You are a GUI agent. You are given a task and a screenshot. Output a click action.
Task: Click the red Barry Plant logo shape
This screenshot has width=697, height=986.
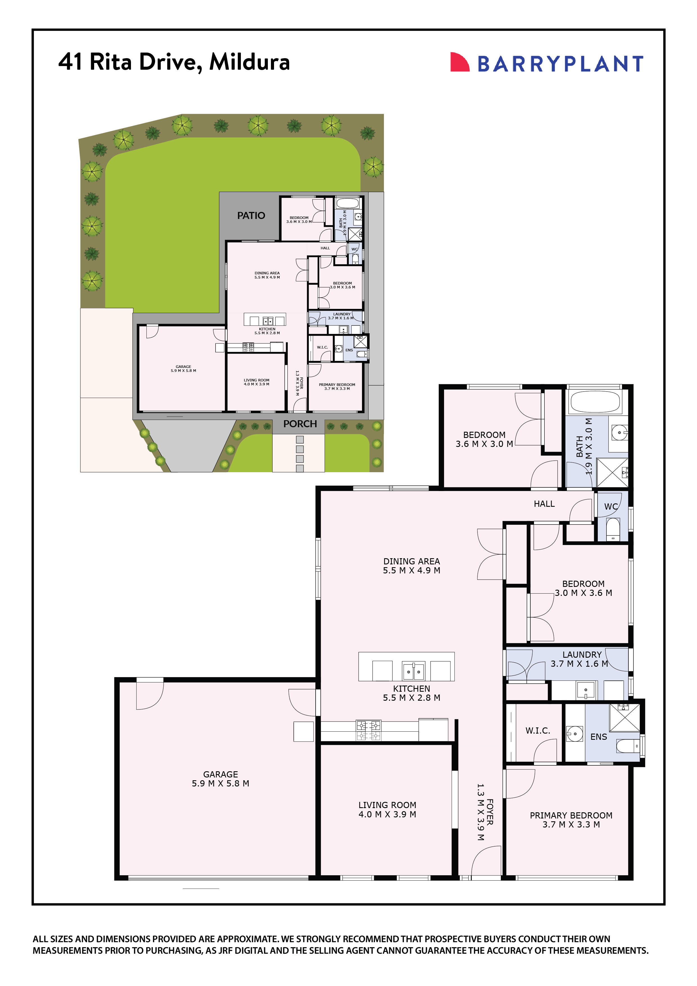point(459,62)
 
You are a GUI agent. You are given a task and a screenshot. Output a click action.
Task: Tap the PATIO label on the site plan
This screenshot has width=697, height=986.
point(251,216)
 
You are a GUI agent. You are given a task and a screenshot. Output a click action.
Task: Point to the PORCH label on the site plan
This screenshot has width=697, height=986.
point(300,424)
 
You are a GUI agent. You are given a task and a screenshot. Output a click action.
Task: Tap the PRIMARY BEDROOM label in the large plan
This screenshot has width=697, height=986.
point(571,815)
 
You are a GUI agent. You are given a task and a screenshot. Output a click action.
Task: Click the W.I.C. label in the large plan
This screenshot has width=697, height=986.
point(538,731)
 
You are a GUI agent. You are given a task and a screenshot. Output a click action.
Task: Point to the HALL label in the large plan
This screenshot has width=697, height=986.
point(544,504)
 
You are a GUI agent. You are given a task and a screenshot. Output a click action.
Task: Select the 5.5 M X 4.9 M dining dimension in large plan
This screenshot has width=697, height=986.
point(411,571)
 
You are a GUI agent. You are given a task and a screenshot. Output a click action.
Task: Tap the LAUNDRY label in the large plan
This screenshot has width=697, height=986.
point(582,654)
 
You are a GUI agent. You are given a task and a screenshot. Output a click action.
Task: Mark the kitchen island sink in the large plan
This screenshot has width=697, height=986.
point(413,671)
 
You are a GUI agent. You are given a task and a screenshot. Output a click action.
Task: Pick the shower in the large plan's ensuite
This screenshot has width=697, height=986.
point(625,717)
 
